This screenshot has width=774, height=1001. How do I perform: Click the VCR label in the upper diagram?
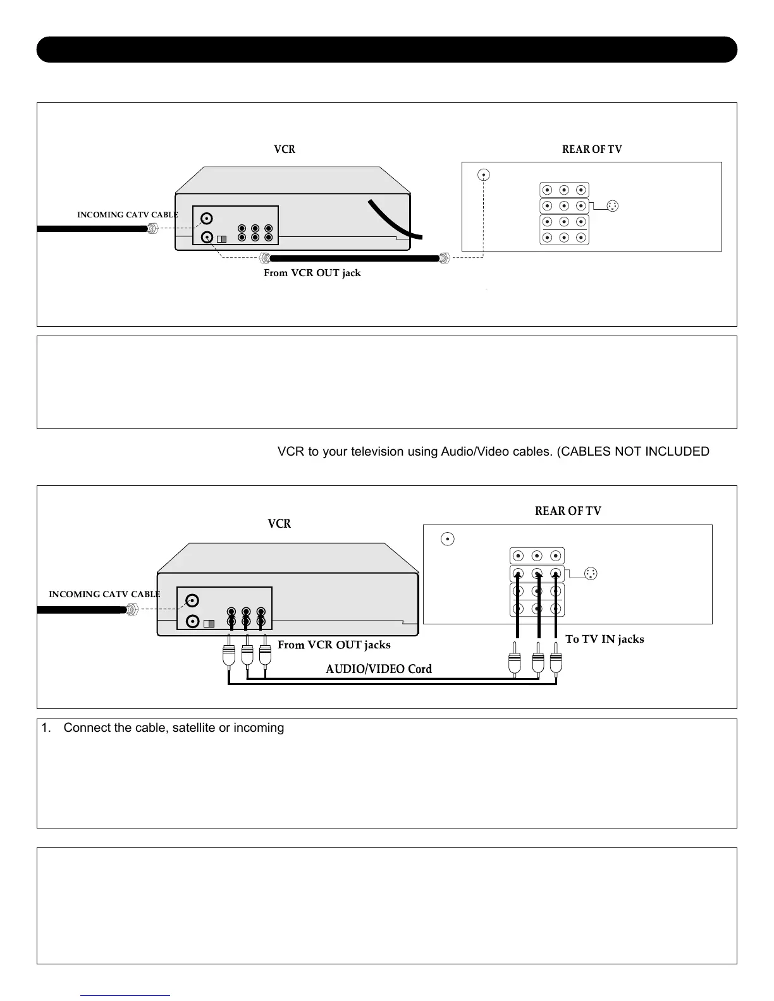click(x=285, y=149)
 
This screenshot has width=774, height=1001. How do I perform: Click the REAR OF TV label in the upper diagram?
click(x=592, y=149)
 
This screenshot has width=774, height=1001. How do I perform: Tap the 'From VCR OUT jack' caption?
click(x=312, y=272)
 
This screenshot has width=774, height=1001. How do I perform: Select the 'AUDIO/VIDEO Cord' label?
click(x=379, y=669)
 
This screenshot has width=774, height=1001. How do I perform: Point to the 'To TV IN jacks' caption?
click(x=605, y=639)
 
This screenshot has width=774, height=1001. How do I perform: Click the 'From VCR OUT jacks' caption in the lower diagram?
click(x=334, y=645)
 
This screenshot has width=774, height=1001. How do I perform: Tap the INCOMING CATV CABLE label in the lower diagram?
click(x=104, y=594)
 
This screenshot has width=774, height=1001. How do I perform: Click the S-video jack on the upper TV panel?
click(x=612, y=206)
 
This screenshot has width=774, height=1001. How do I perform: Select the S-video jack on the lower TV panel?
click(x=591, y=574)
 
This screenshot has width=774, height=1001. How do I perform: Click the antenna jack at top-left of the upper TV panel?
click(x=483, y=174)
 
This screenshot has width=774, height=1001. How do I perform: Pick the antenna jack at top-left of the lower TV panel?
click(x=447, y=539)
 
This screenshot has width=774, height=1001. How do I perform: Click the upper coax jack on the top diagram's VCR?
click(x=207, y=219)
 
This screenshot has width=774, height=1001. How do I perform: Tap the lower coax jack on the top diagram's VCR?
click(x=207, y=238)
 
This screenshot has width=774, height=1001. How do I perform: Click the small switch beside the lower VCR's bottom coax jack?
click(x=209, y=624)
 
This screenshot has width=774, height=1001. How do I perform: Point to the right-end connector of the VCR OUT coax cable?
click(x=444, y=258)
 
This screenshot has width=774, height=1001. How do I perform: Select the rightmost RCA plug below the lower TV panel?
click(x=556, y=663)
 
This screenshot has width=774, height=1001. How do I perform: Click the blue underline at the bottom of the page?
click(x=125, y=995)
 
